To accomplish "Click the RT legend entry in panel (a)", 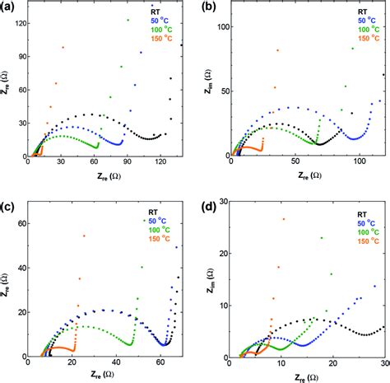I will pos(63,11).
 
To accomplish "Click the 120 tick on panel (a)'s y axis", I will pos(17,25).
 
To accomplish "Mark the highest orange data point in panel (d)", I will pos(283,219).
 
